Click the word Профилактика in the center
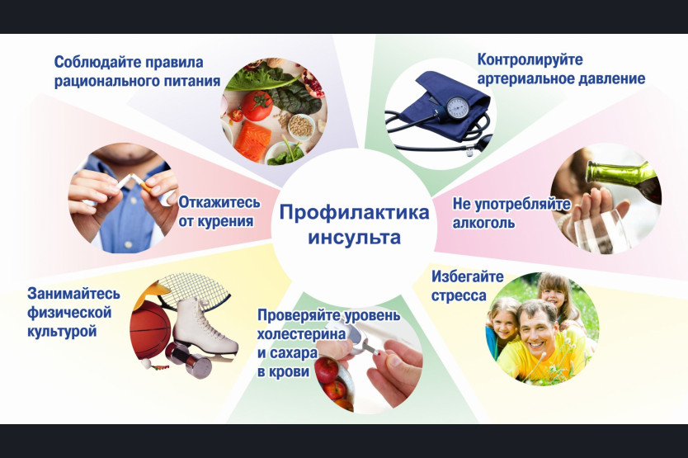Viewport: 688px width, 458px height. click(355, 213)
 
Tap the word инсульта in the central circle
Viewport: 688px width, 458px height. click(355, 237)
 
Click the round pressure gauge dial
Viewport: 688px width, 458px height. click(458, 106)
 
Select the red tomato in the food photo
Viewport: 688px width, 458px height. click(257, 106)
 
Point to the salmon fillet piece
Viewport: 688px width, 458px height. click(252, 141)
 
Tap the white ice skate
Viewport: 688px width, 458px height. click(204, 327)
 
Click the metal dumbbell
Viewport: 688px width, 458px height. click(189, 360)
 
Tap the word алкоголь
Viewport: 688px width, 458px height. click(483, 223)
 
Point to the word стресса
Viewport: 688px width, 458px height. click(459, 296)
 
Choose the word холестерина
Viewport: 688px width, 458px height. click(301, 334)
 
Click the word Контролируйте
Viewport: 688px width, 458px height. click(530, 59)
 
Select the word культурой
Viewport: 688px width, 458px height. click(62, 331)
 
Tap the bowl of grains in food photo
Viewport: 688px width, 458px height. click(300, 126)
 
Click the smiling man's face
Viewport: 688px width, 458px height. click(537, 330)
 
